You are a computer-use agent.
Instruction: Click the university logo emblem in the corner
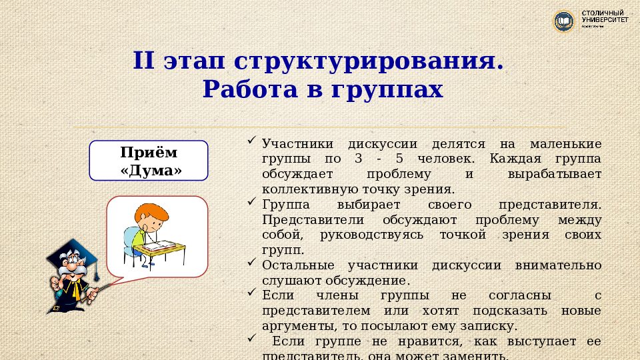pyautogui.click(x=564, y=21)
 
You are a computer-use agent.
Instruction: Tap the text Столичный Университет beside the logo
pyautogui.click(x=605, y=18)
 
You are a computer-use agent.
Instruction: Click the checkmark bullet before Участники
pyautogui.click(x=251, y=141)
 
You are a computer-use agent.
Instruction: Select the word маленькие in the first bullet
pyautogui.click(x=565, y=144)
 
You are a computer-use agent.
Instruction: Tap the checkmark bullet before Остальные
pyautogui.click(x=251, y=263)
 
